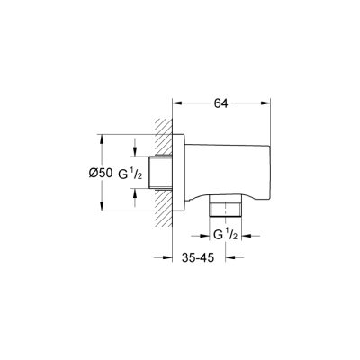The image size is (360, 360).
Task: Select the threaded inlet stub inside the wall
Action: coord(160,173)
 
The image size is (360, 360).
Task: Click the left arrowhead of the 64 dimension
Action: coord(176,103)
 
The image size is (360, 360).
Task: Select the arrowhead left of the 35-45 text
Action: coord(166,257)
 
